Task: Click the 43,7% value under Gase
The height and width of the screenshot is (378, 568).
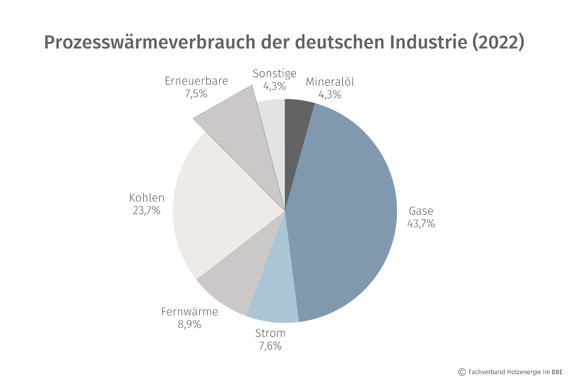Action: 421,224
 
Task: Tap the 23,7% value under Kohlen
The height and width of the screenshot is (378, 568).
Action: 147,211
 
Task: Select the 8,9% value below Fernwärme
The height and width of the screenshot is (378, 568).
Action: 189,324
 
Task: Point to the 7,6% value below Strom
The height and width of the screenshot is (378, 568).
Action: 270,346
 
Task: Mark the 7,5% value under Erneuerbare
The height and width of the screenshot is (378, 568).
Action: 196,94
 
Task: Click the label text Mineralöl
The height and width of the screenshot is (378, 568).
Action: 330,82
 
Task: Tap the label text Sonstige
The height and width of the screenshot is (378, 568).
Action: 274,73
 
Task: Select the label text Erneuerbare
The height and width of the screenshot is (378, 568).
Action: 196,81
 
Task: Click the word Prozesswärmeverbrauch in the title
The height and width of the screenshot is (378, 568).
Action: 149,42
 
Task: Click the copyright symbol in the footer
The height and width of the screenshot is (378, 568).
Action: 462,372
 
